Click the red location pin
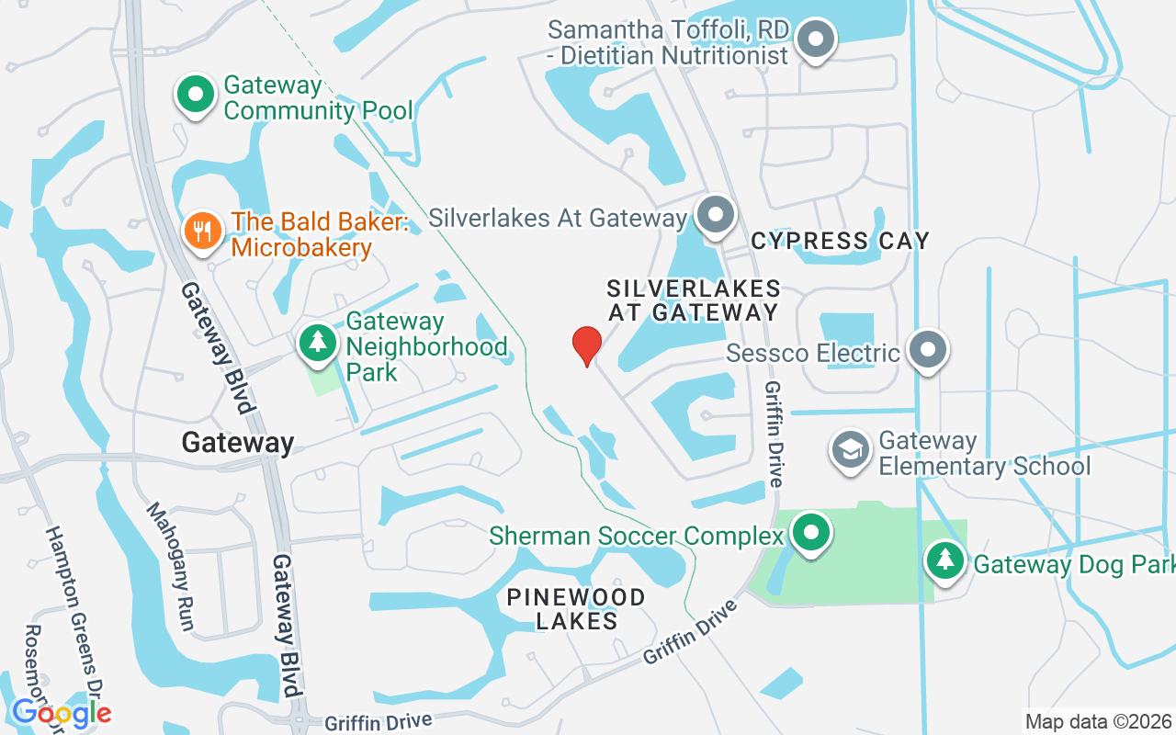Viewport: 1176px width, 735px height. point(586,345)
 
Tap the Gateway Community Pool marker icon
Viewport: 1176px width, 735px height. point(195,96)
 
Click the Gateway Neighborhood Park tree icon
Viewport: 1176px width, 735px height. point(318,342)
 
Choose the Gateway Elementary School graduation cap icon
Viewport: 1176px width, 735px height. point(851,450)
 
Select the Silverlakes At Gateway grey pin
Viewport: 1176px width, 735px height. point(716,216)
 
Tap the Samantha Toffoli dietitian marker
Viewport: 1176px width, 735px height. point(814,40)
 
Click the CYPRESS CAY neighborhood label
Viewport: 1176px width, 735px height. point(840,242)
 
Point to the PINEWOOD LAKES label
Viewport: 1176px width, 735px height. point(576,609)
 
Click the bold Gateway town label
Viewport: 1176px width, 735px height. point(237,443)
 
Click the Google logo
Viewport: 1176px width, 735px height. point(62,713)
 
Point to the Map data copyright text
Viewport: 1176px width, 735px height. point(1099,721)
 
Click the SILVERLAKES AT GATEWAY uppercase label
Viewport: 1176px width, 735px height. point(694,300)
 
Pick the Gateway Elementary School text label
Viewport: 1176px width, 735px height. point(984,454)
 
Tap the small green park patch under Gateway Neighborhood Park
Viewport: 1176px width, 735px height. point(324,379)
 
